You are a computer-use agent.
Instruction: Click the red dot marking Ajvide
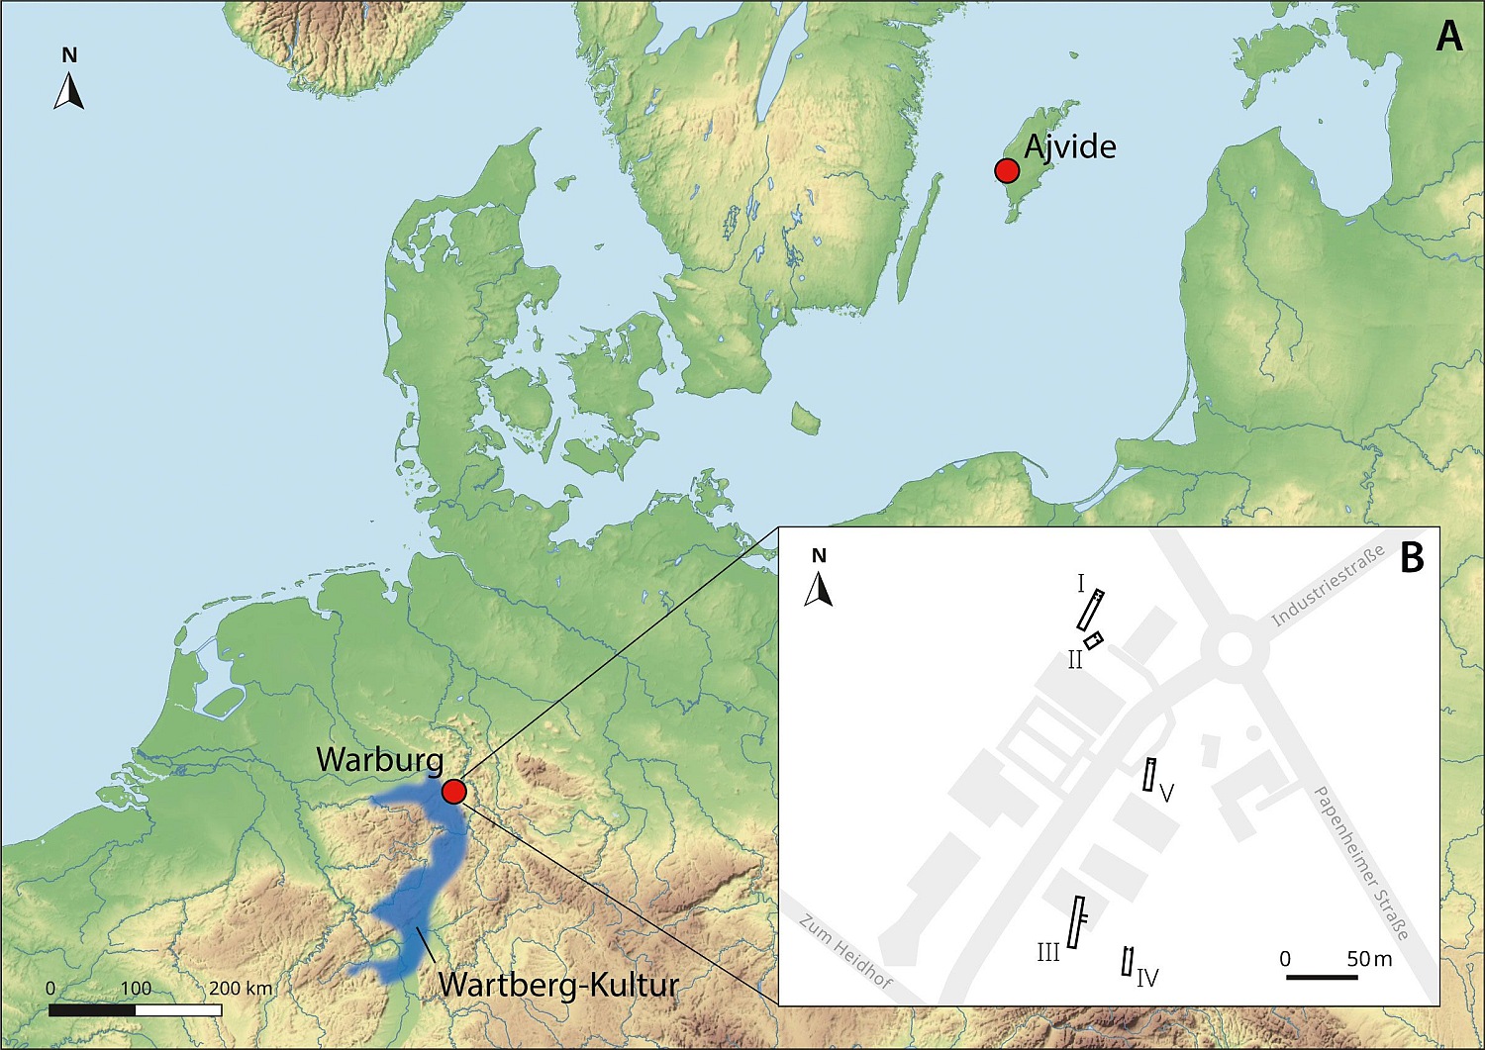[x=1007, y=171]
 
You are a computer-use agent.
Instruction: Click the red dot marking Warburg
[x=453, y=792]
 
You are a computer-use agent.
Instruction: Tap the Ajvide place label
[x=1070, y=147]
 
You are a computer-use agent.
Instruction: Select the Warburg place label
[x=379, y=760]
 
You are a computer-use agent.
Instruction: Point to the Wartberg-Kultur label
[x=558, y=985]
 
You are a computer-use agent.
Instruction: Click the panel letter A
[x=1448, y=37]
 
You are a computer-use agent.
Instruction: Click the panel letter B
[x=1412, y=558]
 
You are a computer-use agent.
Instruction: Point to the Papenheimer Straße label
[x=1360, y=862]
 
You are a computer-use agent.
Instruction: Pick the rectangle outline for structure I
[x=1091, y=610]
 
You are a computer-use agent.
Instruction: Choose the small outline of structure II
[x=1093, y=640]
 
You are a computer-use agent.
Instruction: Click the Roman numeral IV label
[x=1147, y=979]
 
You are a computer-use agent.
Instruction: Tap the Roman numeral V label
[x=1166, y=793]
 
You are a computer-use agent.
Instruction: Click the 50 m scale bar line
[x=1321, y=978]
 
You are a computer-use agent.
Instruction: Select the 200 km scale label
[x=240, y=988]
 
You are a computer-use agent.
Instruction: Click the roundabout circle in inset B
[x=1235, y=649]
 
